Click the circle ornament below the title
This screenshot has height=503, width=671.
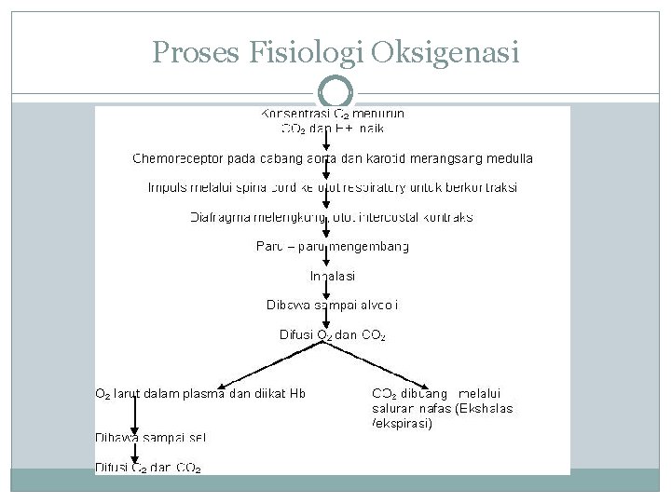(335, 93)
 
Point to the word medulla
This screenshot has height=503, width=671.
(510, 158)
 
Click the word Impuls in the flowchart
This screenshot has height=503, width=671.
(168, 187)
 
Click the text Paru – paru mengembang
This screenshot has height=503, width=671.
(333, 247)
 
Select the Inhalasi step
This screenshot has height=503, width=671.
(333, 276)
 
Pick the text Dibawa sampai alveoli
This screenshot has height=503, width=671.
(333, 305)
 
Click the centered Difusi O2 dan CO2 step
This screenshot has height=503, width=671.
(333, 334)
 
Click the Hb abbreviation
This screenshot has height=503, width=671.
(296, 393)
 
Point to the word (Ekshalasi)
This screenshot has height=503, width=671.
(484, 408)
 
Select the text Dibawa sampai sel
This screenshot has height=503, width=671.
(151, 437)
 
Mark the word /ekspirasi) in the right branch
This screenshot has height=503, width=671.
(402, 423)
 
